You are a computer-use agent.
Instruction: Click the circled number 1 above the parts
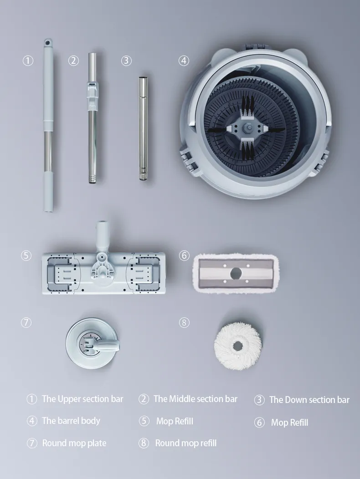tap(28, 61)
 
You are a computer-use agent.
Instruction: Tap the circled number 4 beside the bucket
tap(184, 61)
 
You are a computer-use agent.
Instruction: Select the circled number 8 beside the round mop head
tap(184, 322)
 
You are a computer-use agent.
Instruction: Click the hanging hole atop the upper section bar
tap(48, 42)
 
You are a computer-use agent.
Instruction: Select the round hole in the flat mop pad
tap(236, 273)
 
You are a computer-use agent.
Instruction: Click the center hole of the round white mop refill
tap(238, 346)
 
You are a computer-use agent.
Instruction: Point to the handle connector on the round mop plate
tap(103, 345)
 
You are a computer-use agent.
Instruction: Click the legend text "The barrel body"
tap(71, 421)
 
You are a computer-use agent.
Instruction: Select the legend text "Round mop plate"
tap(74, 443)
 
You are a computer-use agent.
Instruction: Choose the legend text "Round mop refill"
tap(185, 443)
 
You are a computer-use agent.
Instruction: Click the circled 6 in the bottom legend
tap(259, 423)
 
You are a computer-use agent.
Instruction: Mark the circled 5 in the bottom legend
tap(144, 421)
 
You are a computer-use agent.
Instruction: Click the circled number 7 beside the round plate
tap(26, 322)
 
